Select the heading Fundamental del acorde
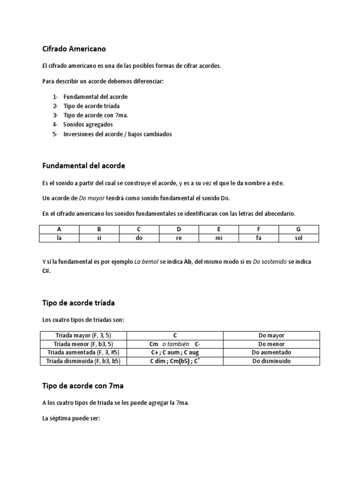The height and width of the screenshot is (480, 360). pyautogui.click(x=83, y=166)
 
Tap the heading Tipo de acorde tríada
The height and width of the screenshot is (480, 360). pyautogui.click(x=78, y=303)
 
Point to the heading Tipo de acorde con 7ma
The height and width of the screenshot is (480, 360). pyautogui.click(x=82, y=386)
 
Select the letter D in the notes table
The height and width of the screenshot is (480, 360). pyautogui.click(x=179, y=229)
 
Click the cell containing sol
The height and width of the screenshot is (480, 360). pyautogui.click(x=299, y=238)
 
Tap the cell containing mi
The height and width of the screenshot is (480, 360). pyautogui.click(x=218, y=238)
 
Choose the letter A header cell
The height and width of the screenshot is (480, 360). pyautogui.click(x=59, y=229)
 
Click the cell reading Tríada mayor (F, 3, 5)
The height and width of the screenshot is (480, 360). pyautogui.click(x=83, y=336)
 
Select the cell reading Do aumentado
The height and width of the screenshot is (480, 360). pyautogui.click(x=271, y=352)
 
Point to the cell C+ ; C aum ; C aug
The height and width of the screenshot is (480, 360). pyautogui.click(x=174, y=352)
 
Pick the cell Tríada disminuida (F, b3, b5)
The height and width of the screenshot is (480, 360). pyautogui.click(x=83, y=361)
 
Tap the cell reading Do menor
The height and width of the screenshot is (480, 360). pyautogui.click(x=271, y=344)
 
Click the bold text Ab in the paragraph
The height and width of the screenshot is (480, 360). pyautogui.click(x=188, y=262)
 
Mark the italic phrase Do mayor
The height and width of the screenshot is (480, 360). pyautogui.click(x=92, y=198)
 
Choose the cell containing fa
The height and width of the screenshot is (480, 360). pyautogui.click(x=259, y=238)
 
